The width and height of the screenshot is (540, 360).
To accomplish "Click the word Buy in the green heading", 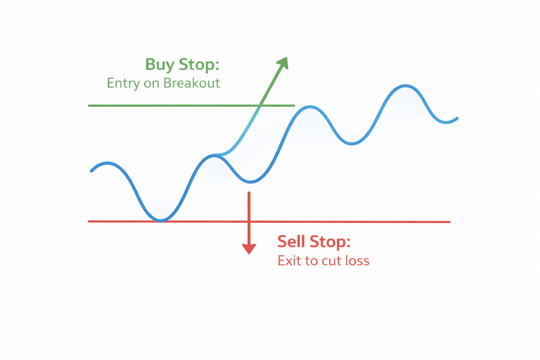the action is pos(160,65).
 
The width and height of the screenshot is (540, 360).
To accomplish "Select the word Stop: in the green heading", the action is pos(199,64).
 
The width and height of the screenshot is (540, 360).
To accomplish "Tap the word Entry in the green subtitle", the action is pos(123,84).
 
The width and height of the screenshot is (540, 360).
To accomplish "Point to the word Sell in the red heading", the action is pos(291,242).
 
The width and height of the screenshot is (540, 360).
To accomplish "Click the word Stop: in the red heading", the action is pos(330,242).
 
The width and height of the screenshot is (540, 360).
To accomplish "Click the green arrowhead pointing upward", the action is pos(283,63).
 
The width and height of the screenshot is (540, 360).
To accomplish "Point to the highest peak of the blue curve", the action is pos(405,86).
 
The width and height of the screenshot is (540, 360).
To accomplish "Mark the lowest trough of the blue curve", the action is pos(161,220).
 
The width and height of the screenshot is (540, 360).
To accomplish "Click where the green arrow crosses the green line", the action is pos(260,105).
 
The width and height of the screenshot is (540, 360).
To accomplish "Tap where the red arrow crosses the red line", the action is pos(249,221).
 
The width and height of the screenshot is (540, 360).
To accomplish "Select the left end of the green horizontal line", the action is pos(89,105).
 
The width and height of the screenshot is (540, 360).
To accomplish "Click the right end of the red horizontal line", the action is pos(450,222).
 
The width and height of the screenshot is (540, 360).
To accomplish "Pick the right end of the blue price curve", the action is pos(457,118).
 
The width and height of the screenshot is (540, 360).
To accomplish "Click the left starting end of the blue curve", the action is pos(91,171).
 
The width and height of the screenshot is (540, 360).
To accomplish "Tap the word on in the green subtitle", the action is pos(152,84).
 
